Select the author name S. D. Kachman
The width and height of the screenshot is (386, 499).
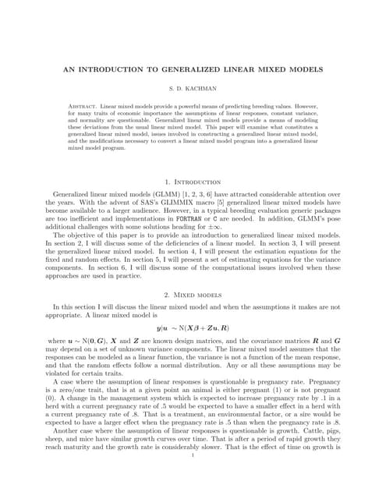click(193, 89)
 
